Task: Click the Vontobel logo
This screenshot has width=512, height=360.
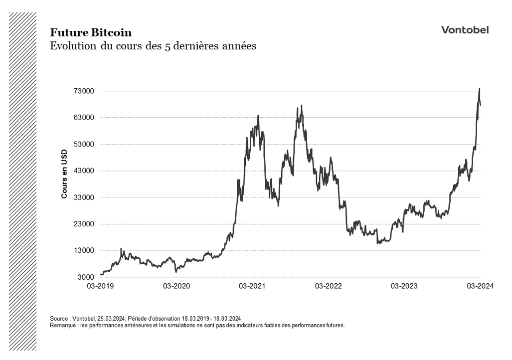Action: (x=465, y=30)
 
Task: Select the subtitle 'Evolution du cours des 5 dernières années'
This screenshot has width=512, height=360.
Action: (x=153, y=46)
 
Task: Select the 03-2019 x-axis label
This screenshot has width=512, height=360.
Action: (x=100, y=286)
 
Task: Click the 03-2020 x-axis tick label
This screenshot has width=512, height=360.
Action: (x=176, y=286)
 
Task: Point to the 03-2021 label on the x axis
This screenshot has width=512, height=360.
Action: (x=252, y=286)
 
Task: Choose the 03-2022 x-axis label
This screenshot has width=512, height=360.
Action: (x=328, y=286)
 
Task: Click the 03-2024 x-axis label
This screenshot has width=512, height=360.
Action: (x=480, y=286)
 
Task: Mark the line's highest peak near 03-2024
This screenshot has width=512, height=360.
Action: (x=479, y=89)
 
